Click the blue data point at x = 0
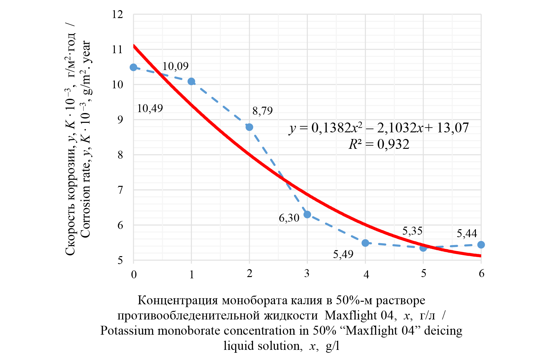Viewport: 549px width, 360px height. click(134, 67)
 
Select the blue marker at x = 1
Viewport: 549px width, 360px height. click(191, 82)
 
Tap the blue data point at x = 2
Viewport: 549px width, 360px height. click(249, 127)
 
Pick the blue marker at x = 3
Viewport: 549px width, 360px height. click(307, 215)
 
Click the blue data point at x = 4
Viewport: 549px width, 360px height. click(365, 243)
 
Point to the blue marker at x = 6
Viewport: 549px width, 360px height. click(481, 245)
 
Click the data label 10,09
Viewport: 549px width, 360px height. click(175, 66)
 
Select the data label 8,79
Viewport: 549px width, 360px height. click(262, 111)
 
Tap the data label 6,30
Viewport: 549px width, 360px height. click(289, 218)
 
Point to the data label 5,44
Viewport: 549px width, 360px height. click(467, 234)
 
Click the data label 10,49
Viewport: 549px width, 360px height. click(150, 109)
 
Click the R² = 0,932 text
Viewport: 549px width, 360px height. click(379, 144)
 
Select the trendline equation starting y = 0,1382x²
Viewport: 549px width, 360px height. click(379, 128)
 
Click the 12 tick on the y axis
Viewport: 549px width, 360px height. click(117, 15)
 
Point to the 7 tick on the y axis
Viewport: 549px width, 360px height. click(120, 190)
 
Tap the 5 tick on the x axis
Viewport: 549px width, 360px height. click(423, 274)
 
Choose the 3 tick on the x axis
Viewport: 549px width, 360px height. click(307, 274)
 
